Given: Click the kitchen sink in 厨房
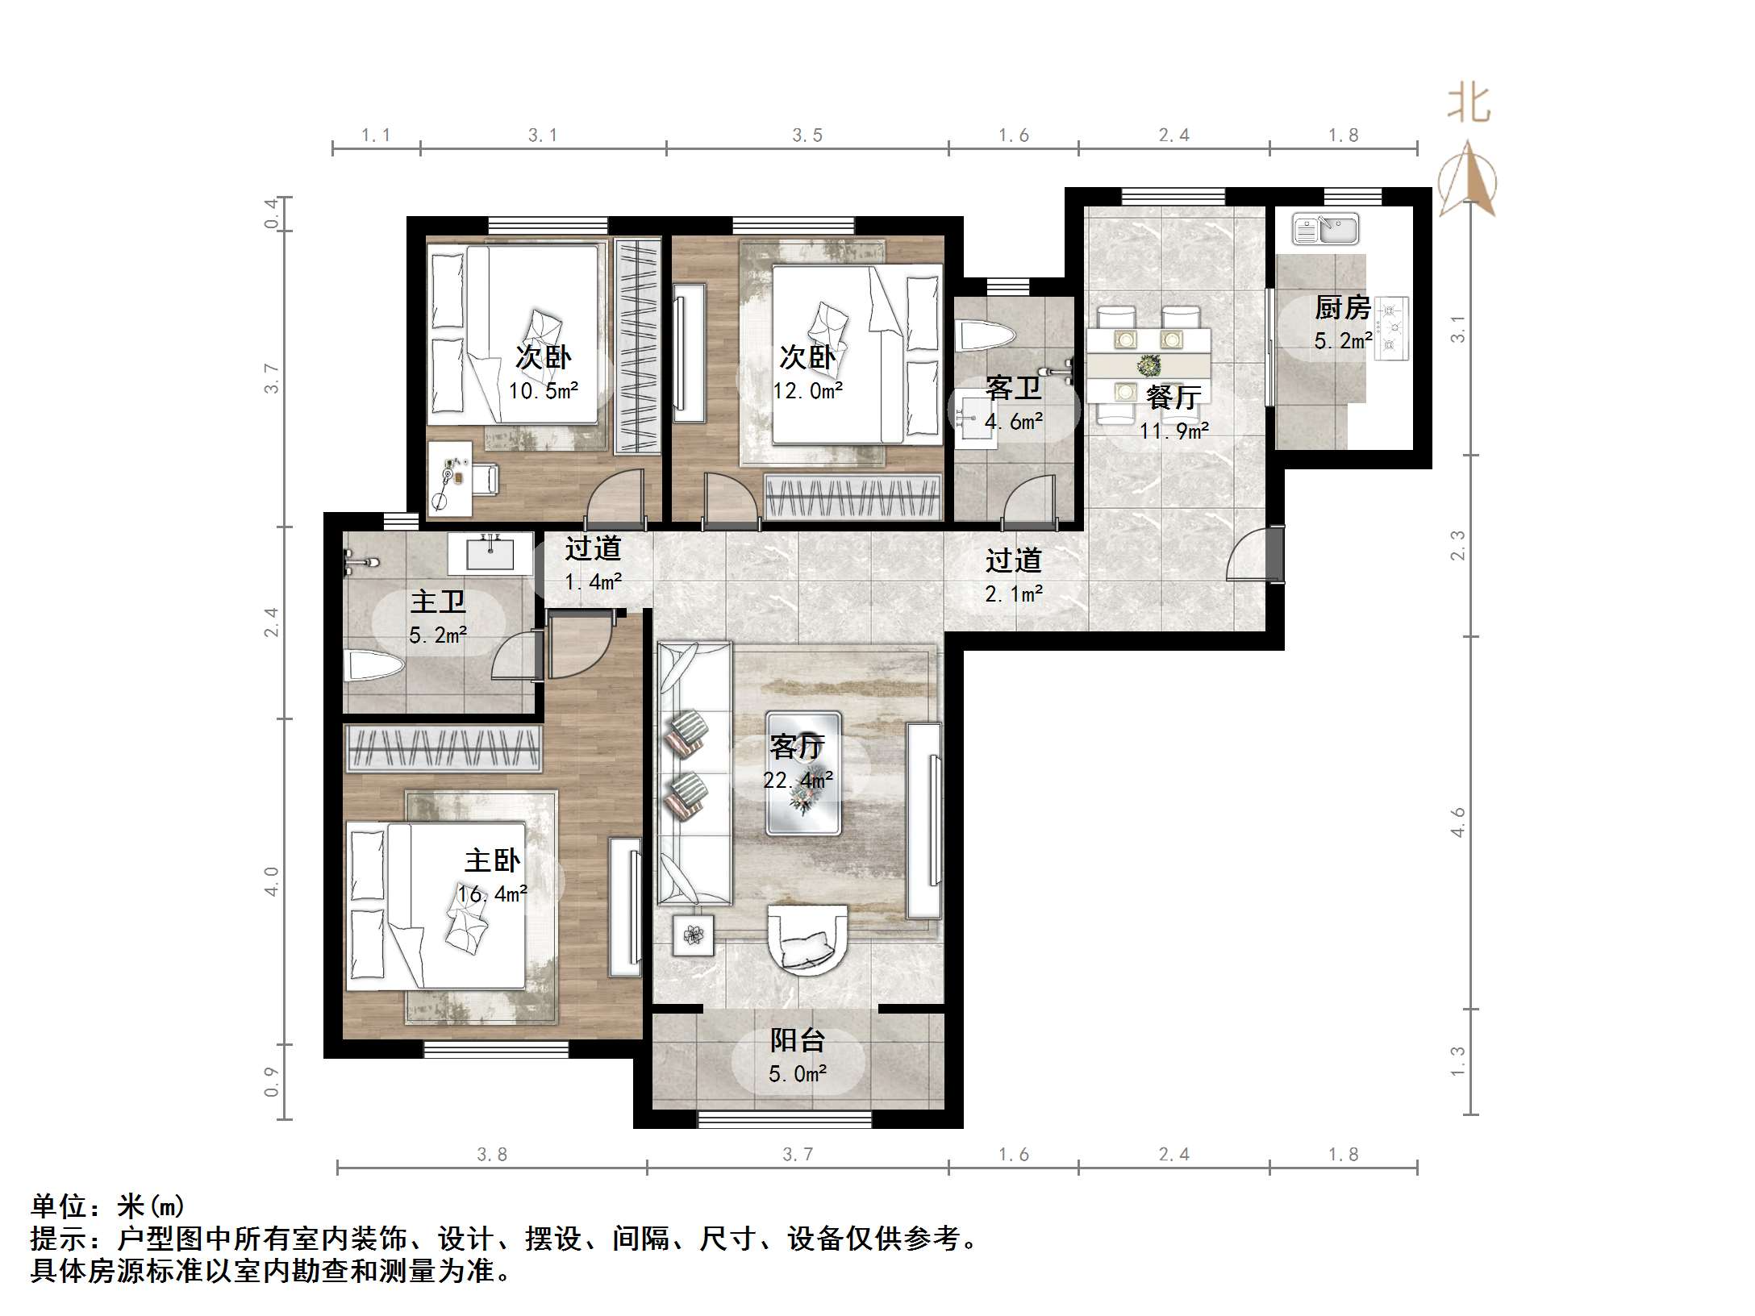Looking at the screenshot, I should click(x=1325, y=229).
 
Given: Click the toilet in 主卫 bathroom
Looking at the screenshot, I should click(x=373, y=667).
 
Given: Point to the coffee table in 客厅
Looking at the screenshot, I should click(x=803, y=773).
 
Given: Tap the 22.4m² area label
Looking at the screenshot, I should click(x=798, y=781).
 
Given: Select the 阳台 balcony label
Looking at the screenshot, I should click(x=797, y=1040).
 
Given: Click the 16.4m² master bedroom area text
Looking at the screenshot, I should click(x=492, y=893).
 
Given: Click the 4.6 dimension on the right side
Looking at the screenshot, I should click(x=1457, y=822).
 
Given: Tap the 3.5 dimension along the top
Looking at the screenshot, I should click(x=807, y=135).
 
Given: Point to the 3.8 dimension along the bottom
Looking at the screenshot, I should click(x=491, y=1155).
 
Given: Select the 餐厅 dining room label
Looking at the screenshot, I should click(x=1173, y=397).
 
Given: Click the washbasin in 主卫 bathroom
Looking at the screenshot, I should click(x=490, y=553).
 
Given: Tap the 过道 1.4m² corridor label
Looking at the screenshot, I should click(x=593, y=564).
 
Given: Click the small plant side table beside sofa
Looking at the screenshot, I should click(x=693, y=935).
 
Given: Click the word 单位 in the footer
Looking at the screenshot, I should click(x=58, y=1206).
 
